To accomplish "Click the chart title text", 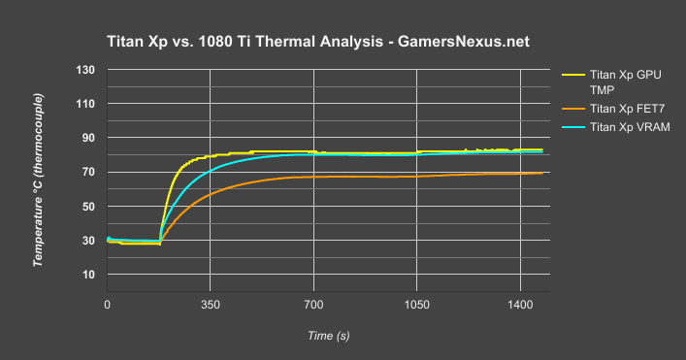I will [x=318, y=43].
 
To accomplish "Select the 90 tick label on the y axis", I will [x=87, y=138].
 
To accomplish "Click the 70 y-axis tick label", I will [x=87, y=172].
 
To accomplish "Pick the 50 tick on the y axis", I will [x=87, y=207].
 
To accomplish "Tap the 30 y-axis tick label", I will [x=87, y=241].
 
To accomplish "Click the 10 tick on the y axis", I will [x=87, y=275].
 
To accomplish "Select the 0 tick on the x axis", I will [x=107, y=304].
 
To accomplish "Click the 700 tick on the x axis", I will [x=312, y=304].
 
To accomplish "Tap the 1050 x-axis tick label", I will [x=416, y=304].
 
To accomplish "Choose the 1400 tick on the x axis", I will [x=519, y=304].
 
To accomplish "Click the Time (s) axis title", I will [x=328, y=335].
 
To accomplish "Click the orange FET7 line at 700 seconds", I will [x=312, y=177].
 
